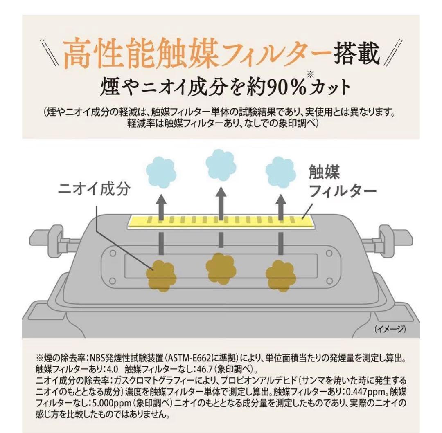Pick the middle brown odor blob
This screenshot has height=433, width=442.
221,266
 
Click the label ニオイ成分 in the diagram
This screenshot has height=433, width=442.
95,189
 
